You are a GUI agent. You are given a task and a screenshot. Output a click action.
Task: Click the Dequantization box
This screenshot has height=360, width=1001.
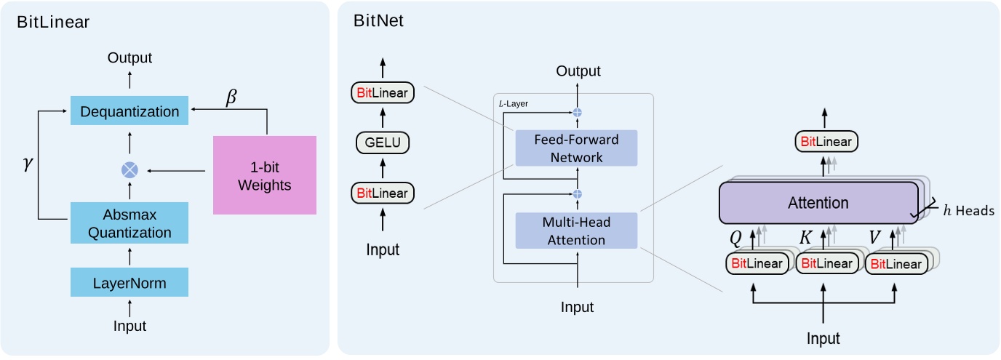coord(129,111)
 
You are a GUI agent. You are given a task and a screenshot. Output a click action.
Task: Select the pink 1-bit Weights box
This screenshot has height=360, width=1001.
coord(265,175)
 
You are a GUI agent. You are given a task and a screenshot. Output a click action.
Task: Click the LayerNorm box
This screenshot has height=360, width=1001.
coord(129,282)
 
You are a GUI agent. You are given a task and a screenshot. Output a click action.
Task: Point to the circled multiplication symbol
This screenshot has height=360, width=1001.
coord(129,170)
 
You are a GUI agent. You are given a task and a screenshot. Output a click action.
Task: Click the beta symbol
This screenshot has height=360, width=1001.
coord(231,97)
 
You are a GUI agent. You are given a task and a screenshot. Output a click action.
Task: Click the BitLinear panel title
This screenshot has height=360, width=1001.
coord(53,21)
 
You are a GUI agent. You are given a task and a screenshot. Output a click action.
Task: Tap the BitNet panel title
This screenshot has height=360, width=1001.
coord(378,21)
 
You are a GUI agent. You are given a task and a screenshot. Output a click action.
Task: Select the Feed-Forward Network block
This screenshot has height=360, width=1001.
coord(576,148)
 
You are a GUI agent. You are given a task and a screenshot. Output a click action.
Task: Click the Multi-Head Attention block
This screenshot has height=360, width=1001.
coord(576,231)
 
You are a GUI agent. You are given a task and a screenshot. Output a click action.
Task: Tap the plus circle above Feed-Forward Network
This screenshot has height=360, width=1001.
coord(578,112)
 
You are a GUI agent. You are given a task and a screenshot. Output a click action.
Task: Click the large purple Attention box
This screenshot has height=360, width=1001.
coord(818,203)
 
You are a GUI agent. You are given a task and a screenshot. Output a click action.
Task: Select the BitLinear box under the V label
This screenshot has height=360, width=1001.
coord(896,263)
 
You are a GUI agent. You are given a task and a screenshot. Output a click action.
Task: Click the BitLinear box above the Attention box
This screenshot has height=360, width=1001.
coord(824,142)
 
